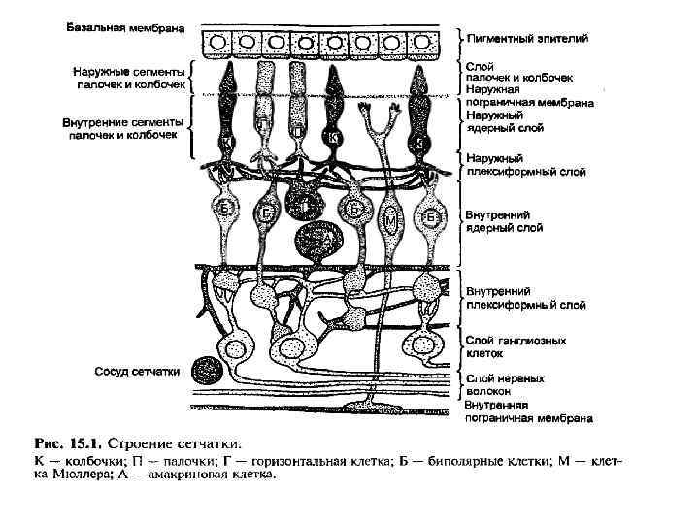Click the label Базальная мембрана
pyautogui.click(x=125, y=28)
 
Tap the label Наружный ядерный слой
pyautogui.click(x=505, y=120)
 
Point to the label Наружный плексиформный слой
pyautogui.click(x=525, y=165)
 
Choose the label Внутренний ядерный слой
pyautogui.click(x=504, y=221)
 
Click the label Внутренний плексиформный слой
pyautogui.click(x=525, y=297)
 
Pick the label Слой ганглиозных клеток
pyautogui.click(x=513, y=347)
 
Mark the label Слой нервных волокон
pyautogui.click(x=505, y=385)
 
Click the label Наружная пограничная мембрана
pyautogui.click(x=528, y=95)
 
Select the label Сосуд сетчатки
pyautogui.click(x=136, y=371)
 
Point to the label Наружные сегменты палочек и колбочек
pyautogui.click(x=127, y=78)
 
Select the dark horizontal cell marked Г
pyautogui.click(x=305, y=204)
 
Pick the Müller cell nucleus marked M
pyautogui.click(x=388, y=222)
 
